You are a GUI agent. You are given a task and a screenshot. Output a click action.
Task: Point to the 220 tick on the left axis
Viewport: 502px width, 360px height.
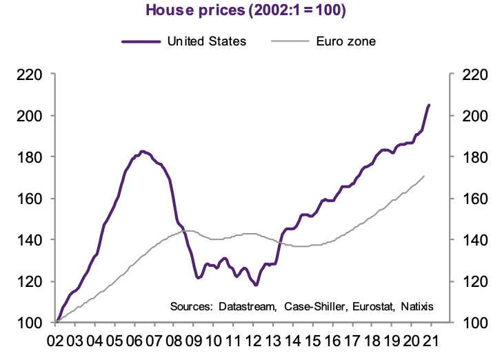coord(30,74)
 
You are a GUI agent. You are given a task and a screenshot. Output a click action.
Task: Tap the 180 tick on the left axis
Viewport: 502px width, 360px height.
coord(30,157)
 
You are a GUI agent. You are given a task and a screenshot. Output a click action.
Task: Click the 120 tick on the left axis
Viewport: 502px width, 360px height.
coord(30,281)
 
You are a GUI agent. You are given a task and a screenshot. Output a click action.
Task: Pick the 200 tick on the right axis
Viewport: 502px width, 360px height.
coord(475,116)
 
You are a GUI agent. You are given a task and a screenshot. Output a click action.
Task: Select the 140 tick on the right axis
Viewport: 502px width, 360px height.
coord(475,240)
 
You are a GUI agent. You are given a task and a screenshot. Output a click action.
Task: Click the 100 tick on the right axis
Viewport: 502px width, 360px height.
coord(475,323)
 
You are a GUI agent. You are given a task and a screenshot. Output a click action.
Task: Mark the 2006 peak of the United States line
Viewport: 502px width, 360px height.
coord(142,151)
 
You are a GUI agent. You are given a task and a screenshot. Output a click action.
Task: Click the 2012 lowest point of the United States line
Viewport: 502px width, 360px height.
coord(256,285)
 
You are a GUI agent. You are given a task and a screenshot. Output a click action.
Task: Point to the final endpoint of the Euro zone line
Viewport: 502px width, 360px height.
coord(423,176)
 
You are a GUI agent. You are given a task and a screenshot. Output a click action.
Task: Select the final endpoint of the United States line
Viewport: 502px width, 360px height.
coord(429,105)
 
